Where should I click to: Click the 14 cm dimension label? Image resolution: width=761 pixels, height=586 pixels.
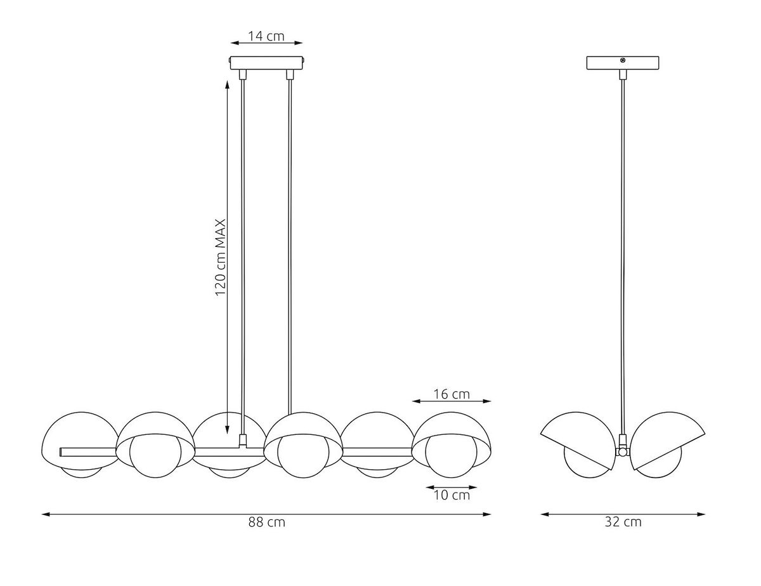pos(266,36)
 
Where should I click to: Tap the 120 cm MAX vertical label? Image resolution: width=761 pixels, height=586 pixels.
pos(221,258)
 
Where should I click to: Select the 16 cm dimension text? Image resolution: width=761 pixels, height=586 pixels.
pos(451,394)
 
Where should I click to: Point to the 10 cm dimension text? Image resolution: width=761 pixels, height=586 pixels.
pos(452,495)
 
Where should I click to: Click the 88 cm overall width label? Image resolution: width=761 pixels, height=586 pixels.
pos(266,522)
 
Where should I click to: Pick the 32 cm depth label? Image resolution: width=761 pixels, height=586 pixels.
pos(623,522)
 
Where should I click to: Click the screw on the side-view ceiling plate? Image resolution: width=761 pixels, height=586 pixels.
pos(623,61)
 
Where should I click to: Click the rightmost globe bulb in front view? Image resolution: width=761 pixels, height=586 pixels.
pos(447,456)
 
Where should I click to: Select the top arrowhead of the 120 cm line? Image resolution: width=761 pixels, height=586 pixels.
pos(227,83)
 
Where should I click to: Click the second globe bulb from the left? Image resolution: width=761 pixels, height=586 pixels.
pos(154,456)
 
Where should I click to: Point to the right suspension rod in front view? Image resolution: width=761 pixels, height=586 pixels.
pos(290,241)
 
